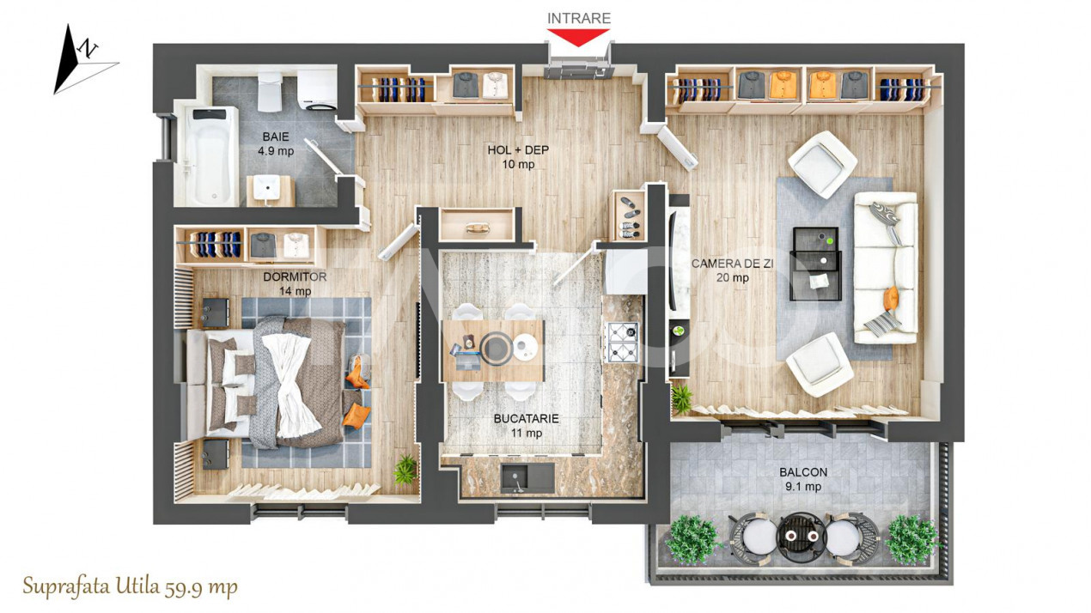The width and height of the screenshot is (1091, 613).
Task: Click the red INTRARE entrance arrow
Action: point(578,37)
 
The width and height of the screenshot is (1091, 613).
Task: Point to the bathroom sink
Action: point(270,187)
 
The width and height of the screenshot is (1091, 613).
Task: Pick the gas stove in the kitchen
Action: point(621,341)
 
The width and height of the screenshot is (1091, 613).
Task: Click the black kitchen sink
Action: point(527,476)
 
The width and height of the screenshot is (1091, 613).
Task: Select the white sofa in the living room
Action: point(885,267)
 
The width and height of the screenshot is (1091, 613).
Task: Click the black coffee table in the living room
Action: point(814,263)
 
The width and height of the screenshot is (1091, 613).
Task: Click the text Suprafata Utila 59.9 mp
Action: point(130,587)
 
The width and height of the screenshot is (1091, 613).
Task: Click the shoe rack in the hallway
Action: point(628,215)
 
